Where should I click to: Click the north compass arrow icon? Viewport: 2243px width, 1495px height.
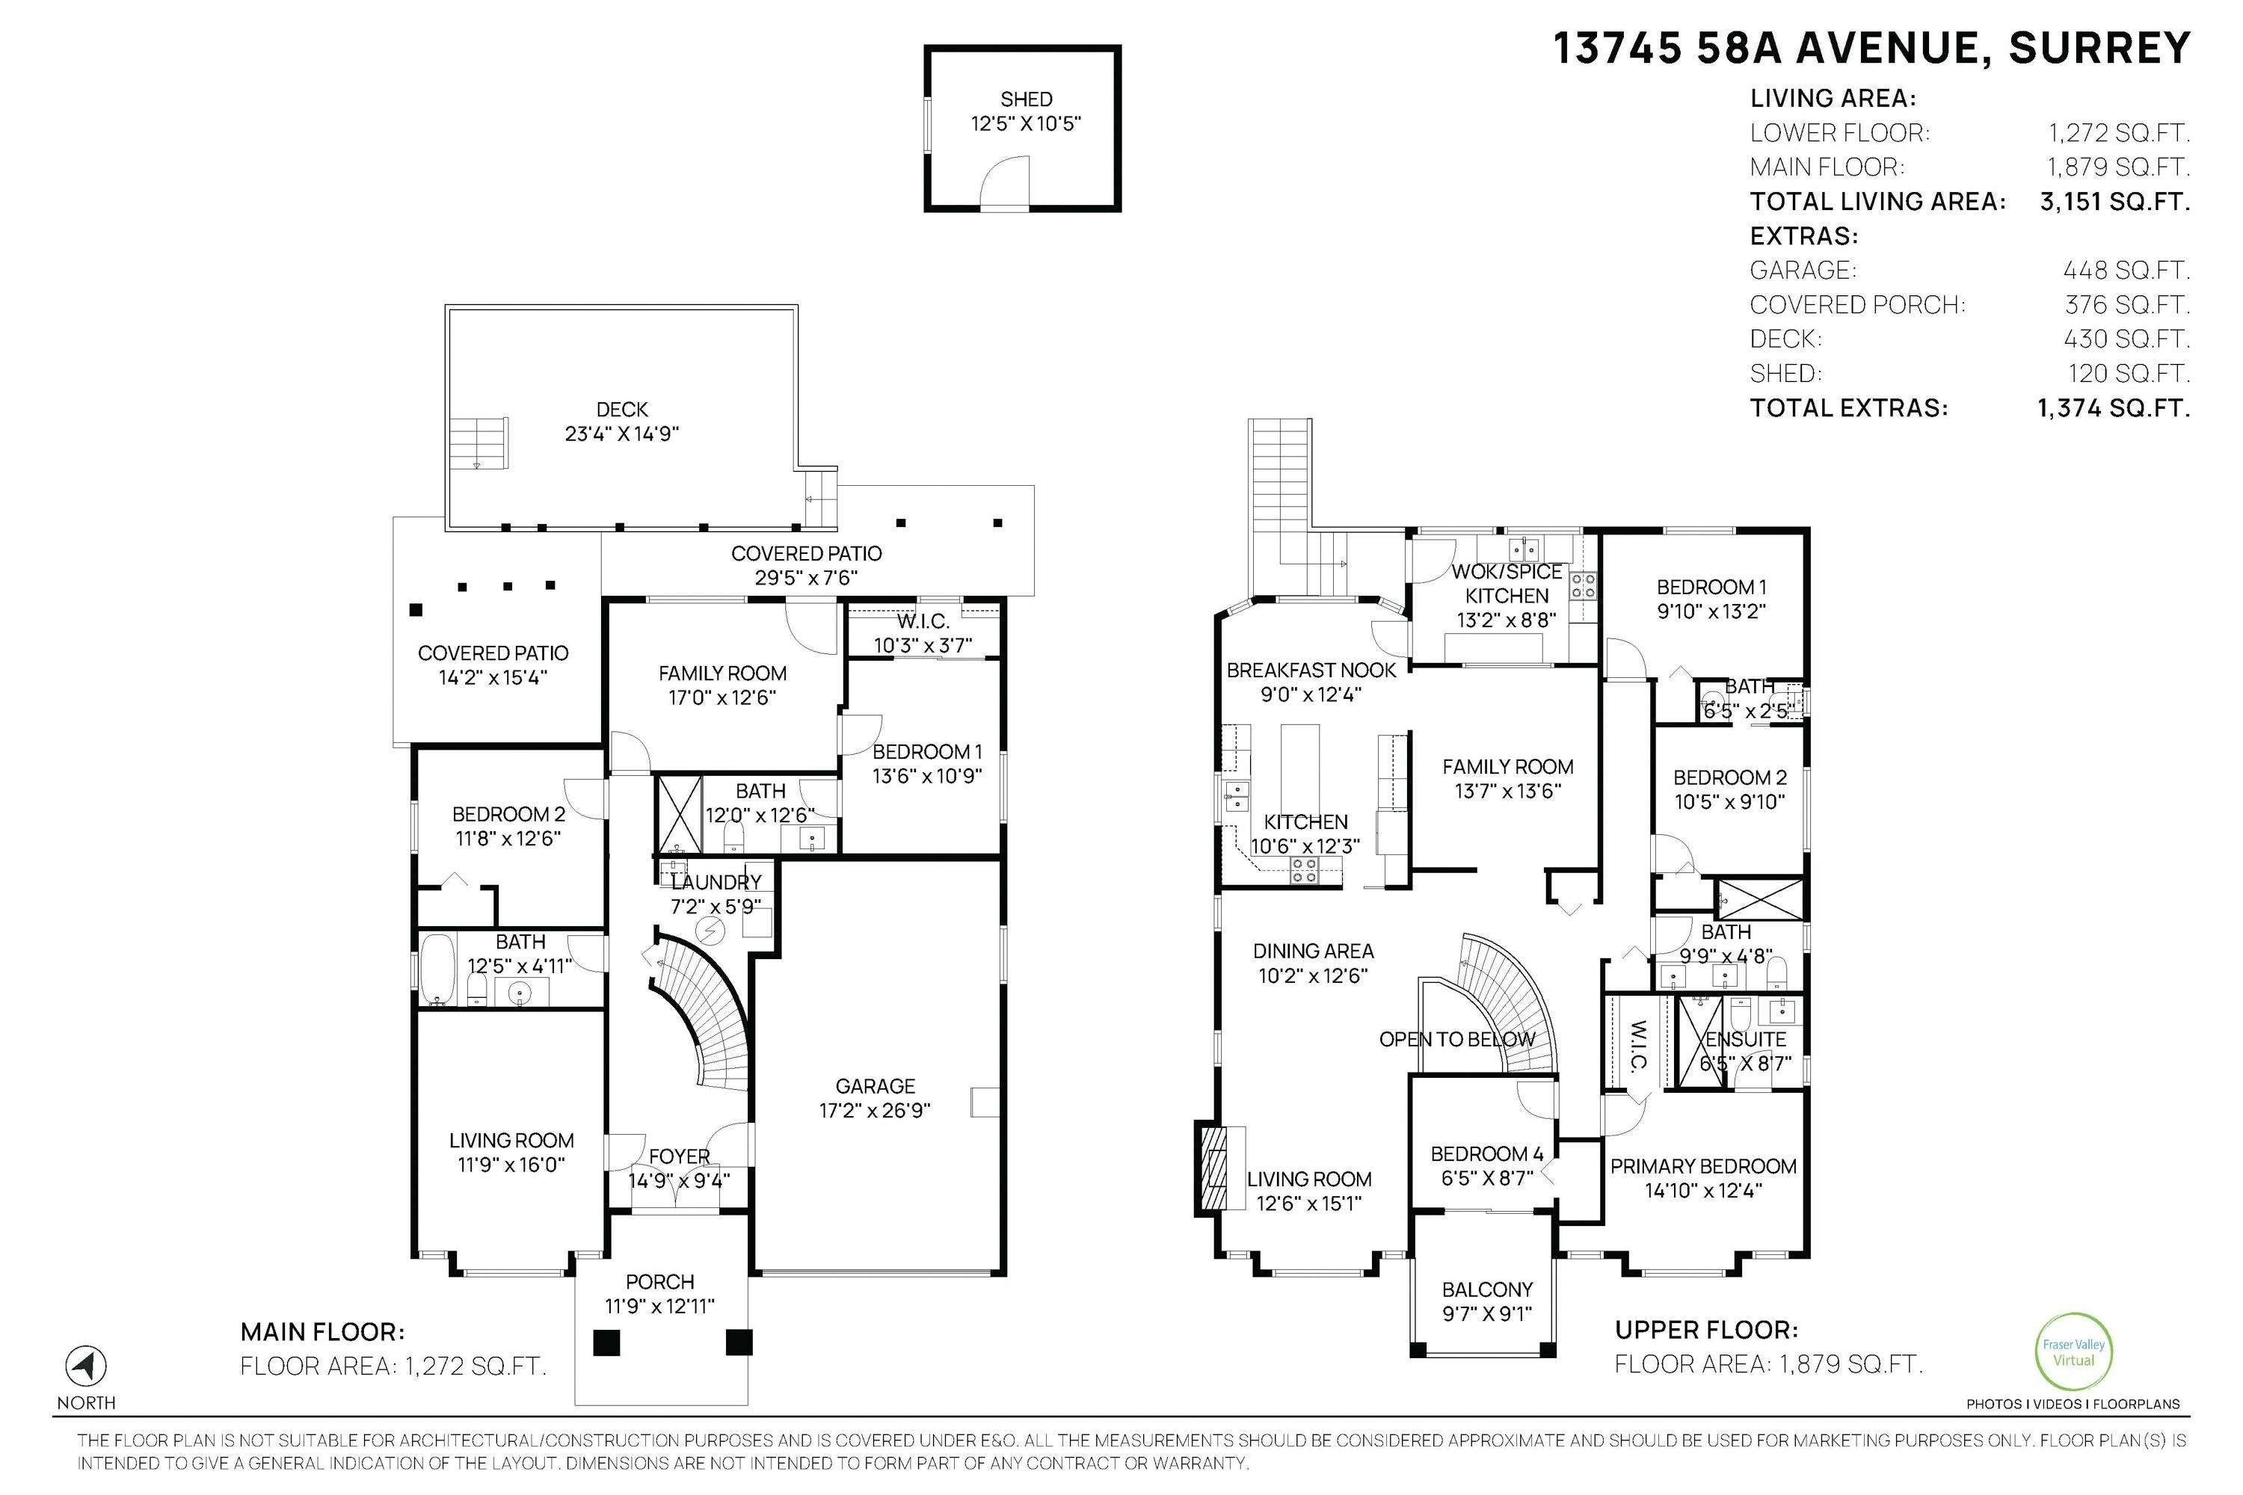86,1366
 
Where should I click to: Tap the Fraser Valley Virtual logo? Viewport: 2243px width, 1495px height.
2074,1352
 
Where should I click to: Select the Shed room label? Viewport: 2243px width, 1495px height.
1026,99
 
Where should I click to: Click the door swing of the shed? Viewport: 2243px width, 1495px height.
1005,180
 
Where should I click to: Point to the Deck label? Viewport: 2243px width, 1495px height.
622,410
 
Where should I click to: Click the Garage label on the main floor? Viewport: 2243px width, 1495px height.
875,1086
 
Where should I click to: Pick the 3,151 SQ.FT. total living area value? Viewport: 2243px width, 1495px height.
2114,202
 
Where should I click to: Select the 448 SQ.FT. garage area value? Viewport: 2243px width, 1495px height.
2126,271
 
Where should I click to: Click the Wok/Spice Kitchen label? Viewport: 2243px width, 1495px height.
1507,584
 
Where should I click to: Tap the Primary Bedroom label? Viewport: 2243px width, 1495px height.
1703,1166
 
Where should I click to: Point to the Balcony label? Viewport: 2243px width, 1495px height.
1487,1290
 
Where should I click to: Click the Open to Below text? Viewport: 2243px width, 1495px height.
1457,1039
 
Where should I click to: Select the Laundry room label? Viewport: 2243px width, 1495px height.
716,882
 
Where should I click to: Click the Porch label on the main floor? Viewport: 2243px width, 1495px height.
660,1283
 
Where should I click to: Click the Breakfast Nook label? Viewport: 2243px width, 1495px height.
1311,671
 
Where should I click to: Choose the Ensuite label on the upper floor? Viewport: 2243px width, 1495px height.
1745,1039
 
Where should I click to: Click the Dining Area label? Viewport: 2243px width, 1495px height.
1313,951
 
